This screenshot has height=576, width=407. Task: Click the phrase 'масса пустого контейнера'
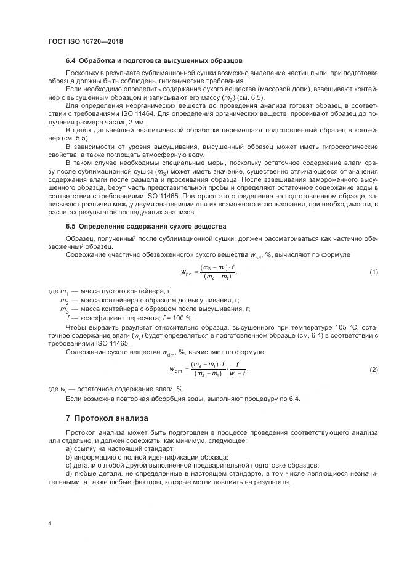(x=124, y=290)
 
